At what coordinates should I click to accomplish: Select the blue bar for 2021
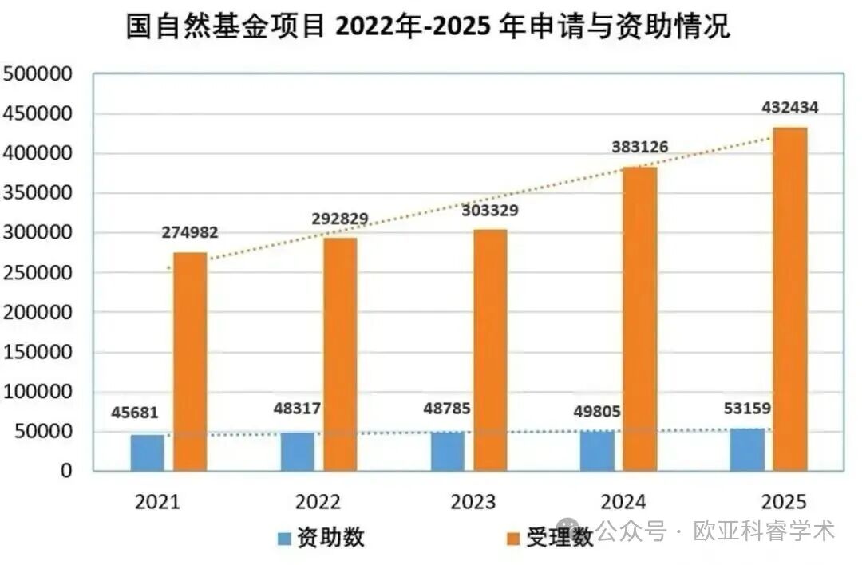148,452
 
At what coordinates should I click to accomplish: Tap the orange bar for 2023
490,350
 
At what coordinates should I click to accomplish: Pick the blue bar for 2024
597,451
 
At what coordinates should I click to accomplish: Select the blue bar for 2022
297,452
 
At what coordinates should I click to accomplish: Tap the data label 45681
134,413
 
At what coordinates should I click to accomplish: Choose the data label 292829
338,218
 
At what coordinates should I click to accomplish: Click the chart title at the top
428,27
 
